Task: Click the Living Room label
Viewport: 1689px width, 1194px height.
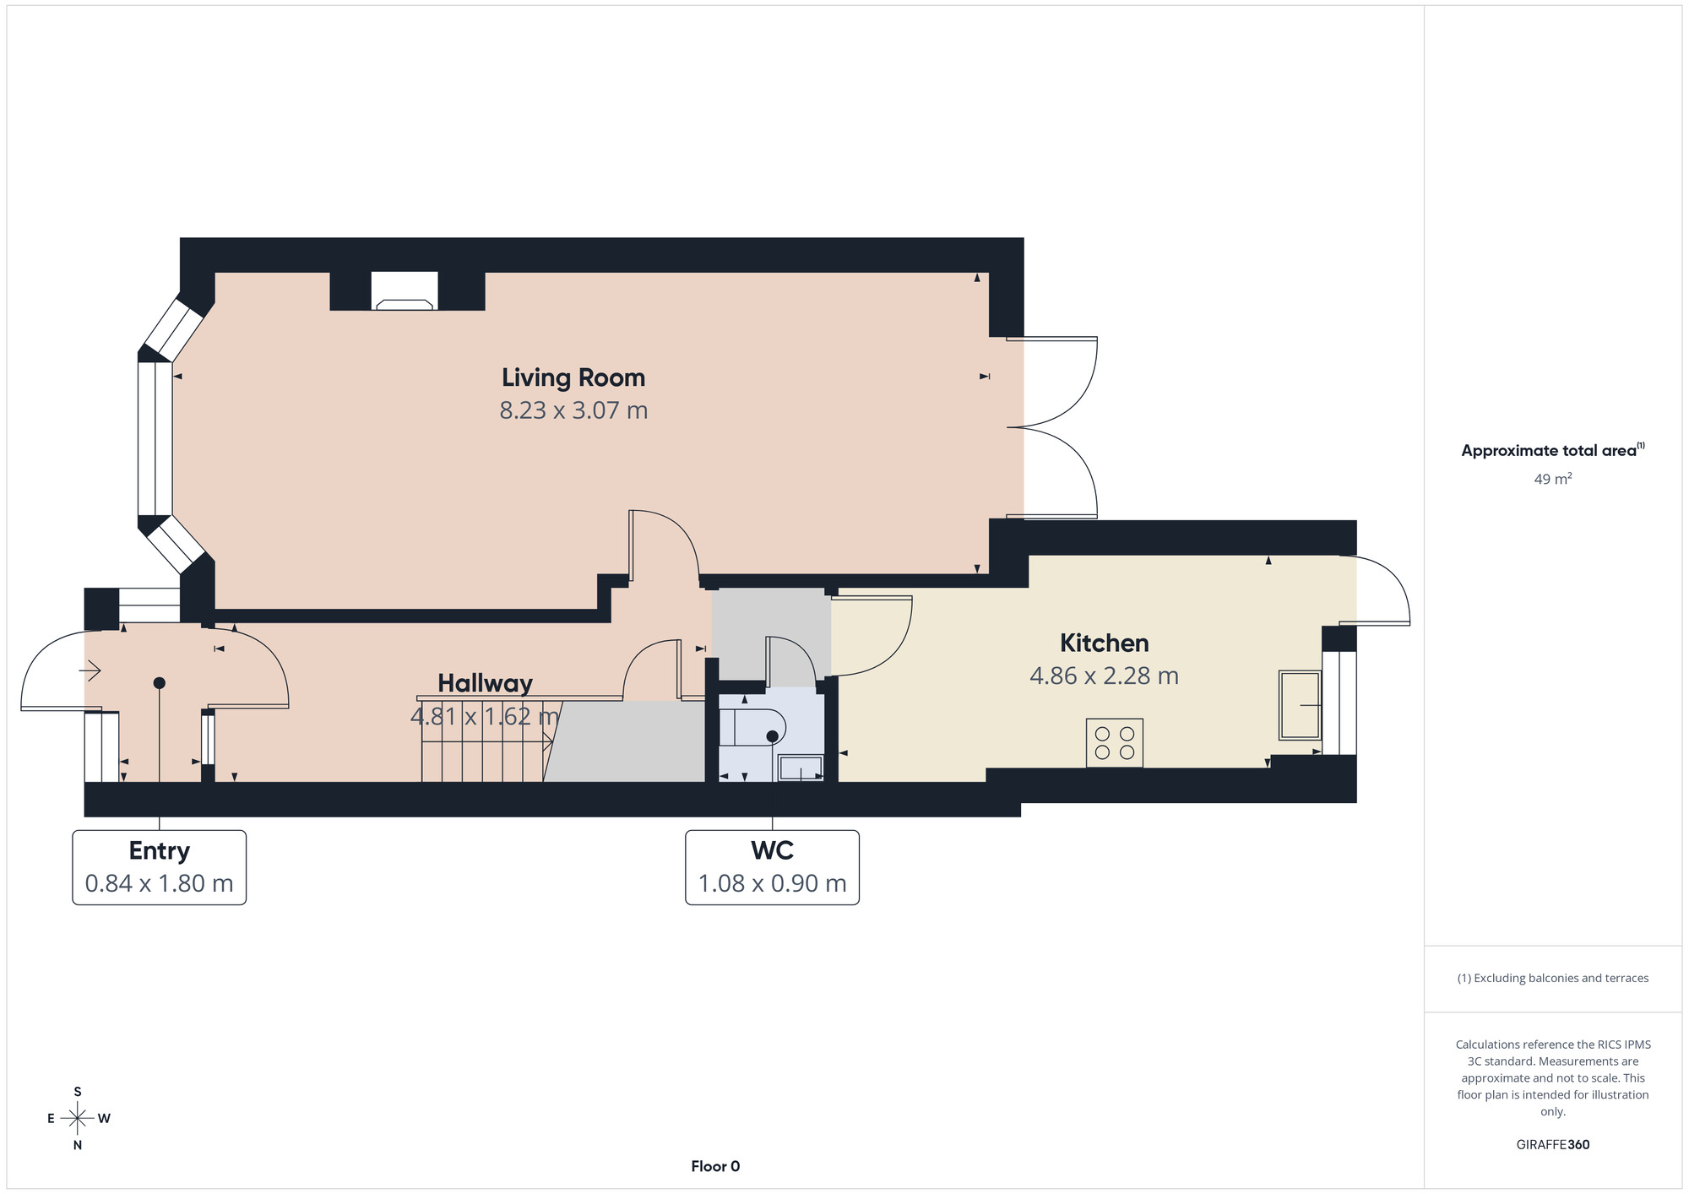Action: tap(573, 377)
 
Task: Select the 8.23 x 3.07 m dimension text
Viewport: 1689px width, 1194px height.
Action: tap(573, 410)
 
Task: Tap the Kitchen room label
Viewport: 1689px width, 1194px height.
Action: tap(1104, 643)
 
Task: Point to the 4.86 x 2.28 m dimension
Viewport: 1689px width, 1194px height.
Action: tap(1104, 676)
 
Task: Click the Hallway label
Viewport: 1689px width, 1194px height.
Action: tap(485, 683)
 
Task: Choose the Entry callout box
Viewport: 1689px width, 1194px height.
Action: tap(160, 867)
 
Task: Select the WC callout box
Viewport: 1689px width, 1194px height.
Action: tap(772, 867)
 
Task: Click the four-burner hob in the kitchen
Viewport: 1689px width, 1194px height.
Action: tap(1114, 743)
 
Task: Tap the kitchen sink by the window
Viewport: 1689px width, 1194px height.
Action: tap(1300, 705)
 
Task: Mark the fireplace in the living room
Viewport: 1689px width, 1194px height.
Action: tap(405, 291)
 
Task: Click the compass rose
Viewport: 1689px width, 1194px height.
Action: tap(78, 1119)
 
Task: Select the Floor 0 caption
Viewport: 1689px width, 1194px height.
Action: tap(715, 1166)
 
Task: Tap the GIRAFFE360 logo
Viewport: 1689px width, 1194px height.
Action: tap(1552, 1145)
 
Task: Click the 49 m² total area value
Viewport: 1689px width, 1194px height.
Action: tap(1553, 479)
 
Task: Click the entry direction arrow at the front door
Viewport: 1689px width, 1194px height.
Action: tap(90, 671)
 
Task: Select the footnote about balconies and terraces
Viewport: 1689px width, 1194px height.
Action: tap(1552, 978)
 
